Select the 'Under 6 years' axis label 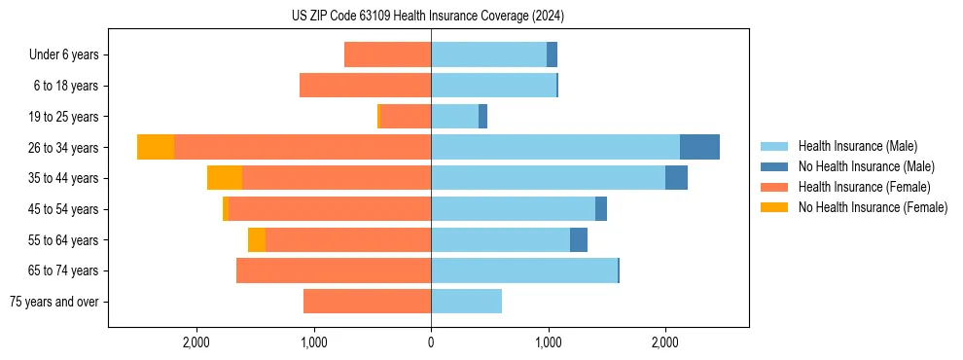64,55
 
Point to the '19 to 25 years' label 63,117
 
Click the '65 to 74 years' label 63,270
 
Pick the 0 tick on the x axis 431,342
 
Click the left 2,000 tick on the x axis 196,342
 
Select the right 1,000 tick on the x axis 548,342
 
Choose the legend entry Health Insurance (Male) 857,146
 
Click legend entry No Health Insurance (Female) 873,207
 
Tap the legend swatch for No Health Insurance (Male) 775,166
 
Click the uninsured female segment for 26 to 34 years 156,147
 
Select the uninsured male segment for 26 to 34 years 699,147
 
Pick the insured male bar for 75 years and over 466,302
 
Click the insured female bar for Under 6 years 387,55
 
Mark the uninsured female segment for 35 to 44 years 225,178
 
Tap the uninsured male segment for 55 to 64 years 579,239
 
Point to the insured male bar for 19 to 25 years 454,117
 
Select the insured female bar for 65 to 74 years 334,270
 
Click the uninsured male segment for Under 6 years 552,55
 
